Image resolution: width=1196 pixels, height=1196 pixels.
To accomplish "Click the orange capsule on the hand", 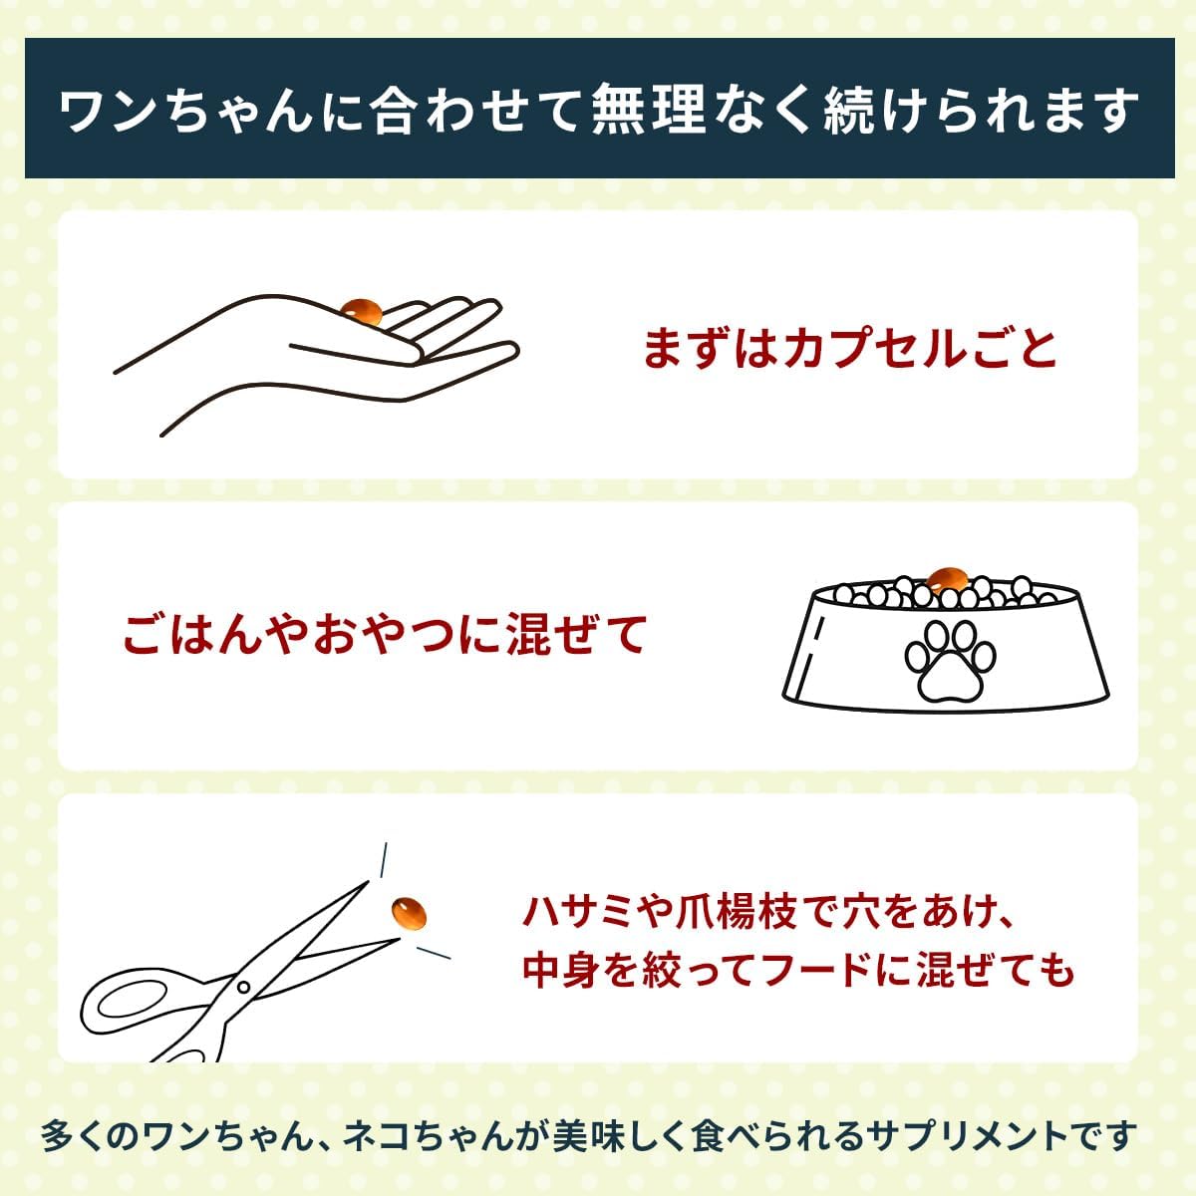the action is point(363,312).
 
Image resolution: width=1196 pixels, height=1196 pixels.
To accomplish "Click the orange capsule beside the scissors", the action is point(410,914).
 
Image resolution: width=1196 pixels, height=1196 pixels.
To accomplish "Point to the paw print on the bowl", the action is point(950,662).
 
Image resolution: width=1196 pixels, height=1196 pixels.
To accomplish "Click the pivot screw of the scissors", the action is point(243,987).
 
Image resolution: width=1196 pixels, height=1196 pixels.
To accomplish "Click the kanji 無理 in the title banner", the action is point(649,111).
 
